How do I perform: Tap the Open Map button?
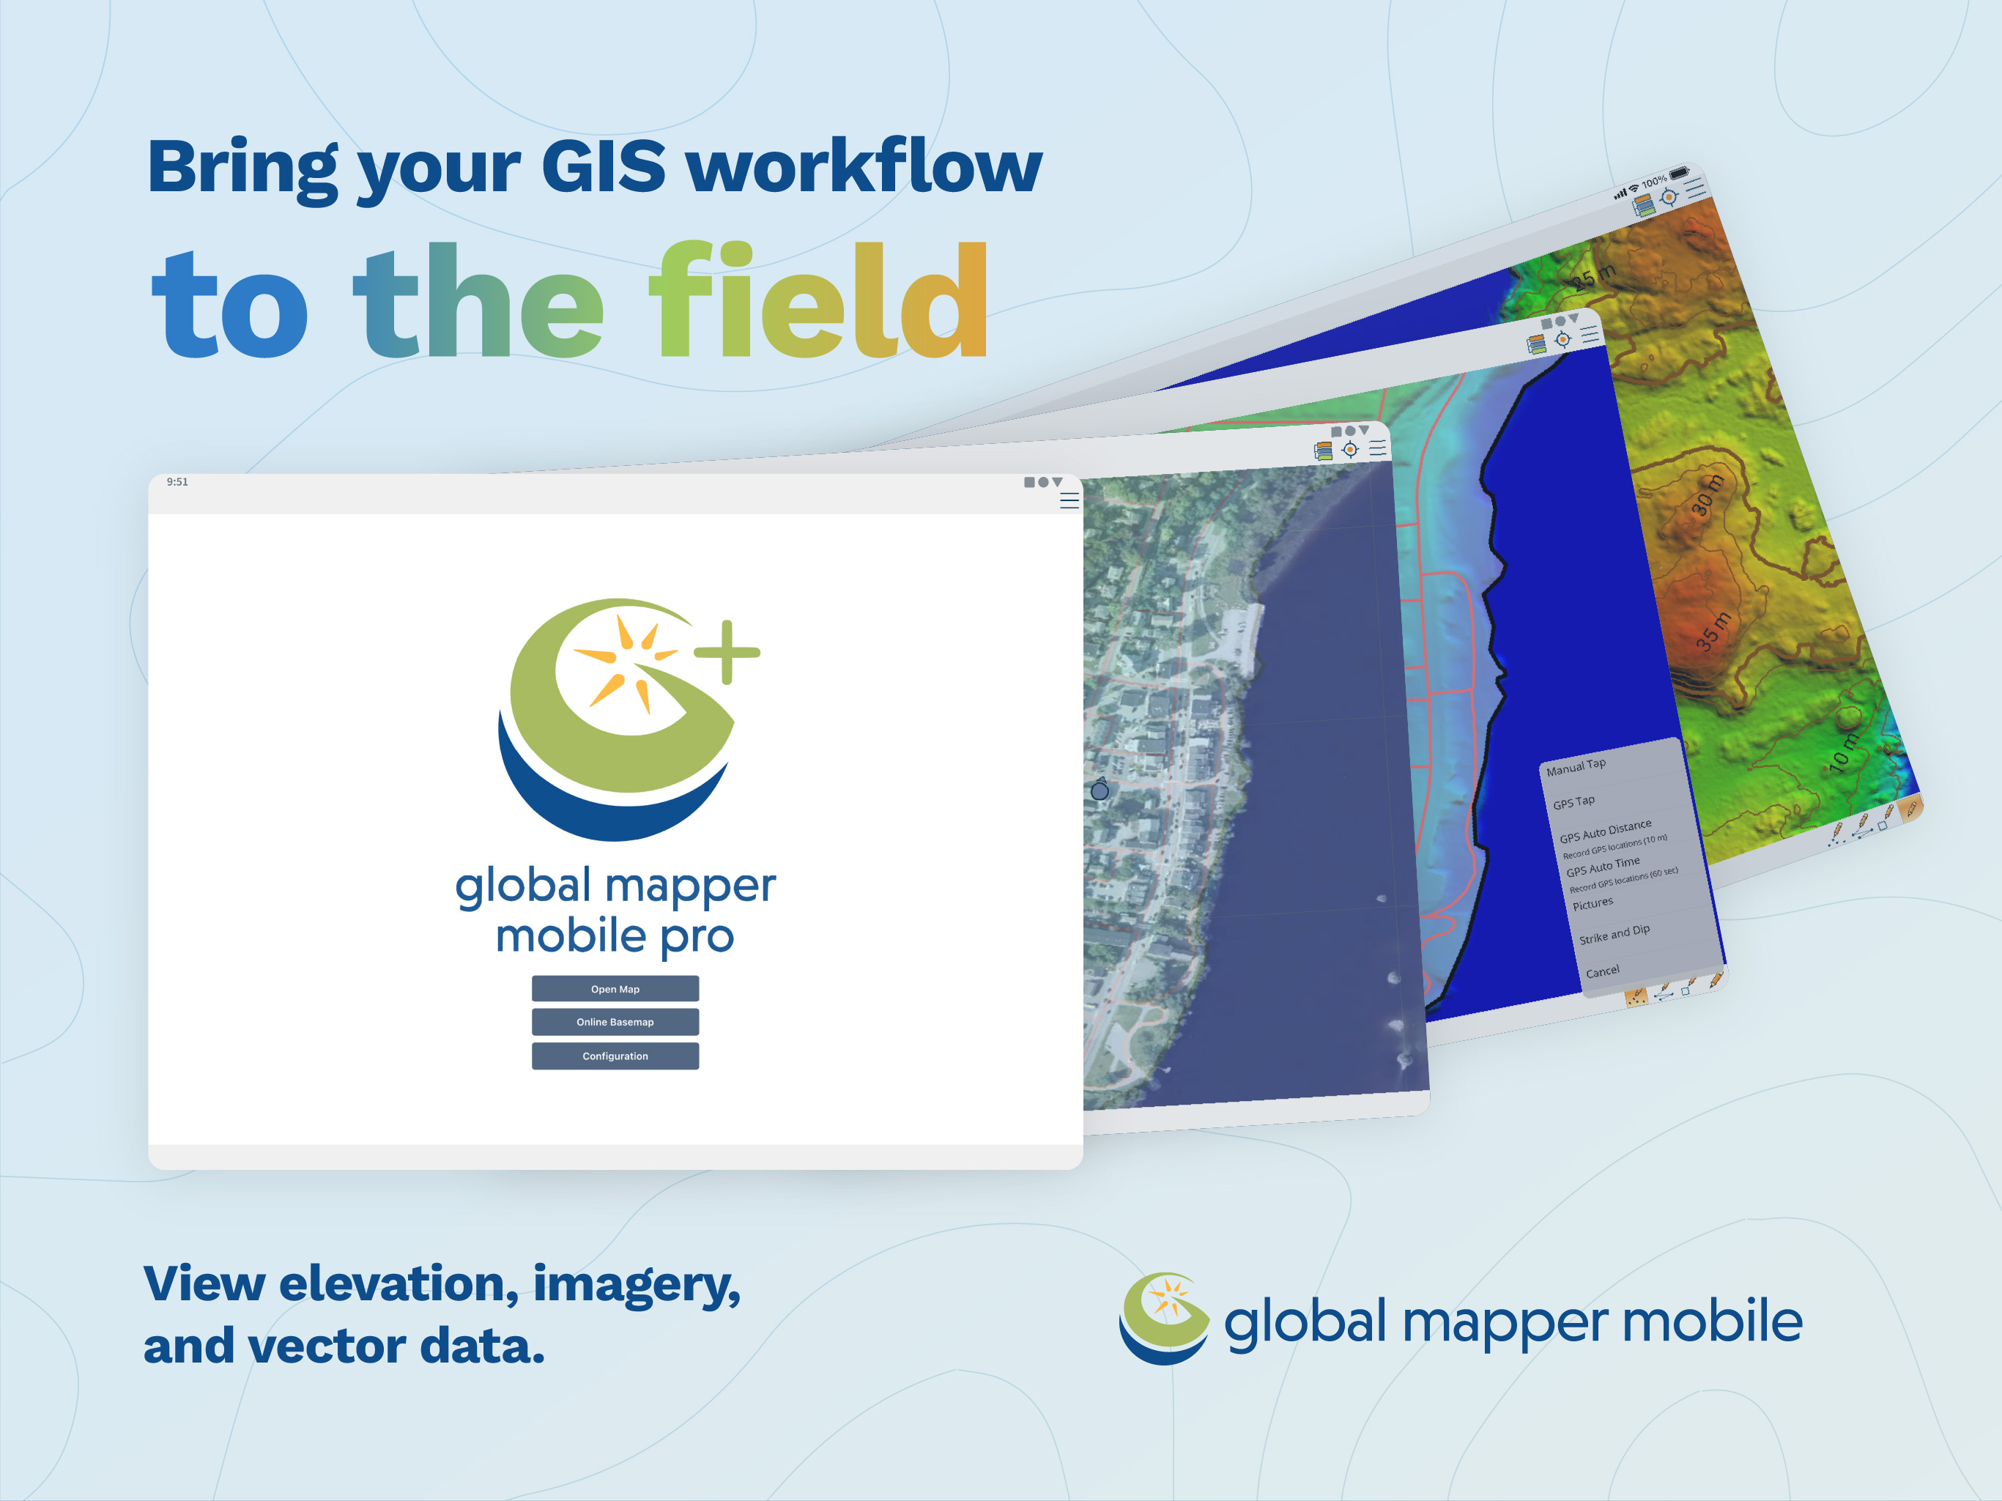click(x=615, y=989)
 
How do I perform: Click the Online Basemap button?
click(x=615, y=1022)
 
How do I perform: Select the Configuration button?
click(x=615, y=1056)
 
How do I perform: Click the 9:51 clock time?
click(x=177, y=481)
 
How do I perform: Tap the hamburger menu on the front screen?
click(x=1069, y=500)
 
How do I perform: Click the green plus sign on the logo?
click(x=727, y=652)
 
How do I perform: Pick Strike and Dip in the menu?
click(x=1614, y=933)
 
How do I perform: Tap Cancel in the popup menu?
click(x=1603, y=971)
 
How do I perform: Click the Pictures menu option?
click(x=1593, y=903)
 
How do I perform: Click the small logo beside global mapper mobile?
click(x=1164, y=1318)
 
